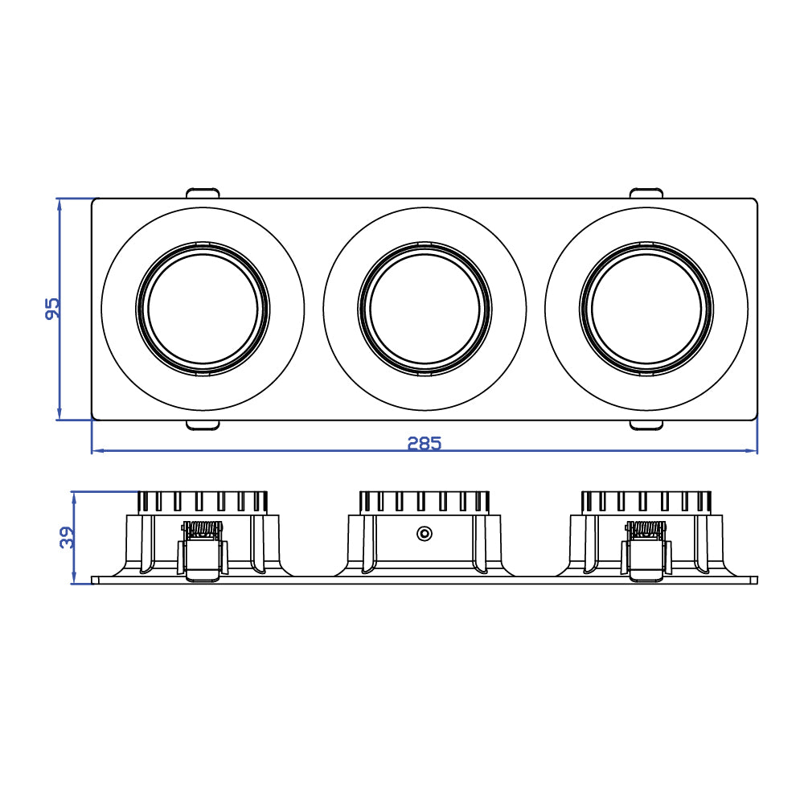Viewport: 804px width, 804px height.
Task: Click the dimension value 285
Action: [424, 443]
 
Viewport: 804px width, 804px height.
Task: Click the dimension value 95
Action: [52, 309]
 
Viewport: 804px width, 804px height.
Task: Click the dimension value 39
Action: [68, 537]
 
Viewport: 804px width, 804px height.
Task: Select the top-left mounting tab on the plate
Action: [203, 193]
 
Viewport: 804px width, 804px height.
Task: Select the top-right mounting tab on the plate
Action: [646, 193]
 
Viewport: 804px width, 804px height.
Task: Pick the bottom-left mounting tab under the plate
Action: [203, 425]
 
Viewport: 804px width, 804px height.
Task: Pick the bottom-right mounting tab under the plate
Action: [646, 425]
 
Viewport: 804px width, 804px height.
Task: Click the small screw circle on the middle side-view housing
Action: [424, 533]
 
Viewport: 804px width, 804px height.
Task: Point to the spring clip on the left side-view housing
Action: [203, 550]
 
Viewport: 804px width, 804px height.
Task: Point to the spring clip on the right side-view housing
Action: [646, 550]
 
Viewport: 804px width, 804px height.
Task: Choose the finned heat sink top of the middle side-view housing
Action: [425, 502]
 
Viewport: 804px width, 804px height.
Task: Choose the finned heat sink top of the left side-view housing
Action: [203, 502]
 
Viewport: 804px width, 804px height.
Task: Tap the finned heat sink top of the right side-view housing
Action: [646, 502]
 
